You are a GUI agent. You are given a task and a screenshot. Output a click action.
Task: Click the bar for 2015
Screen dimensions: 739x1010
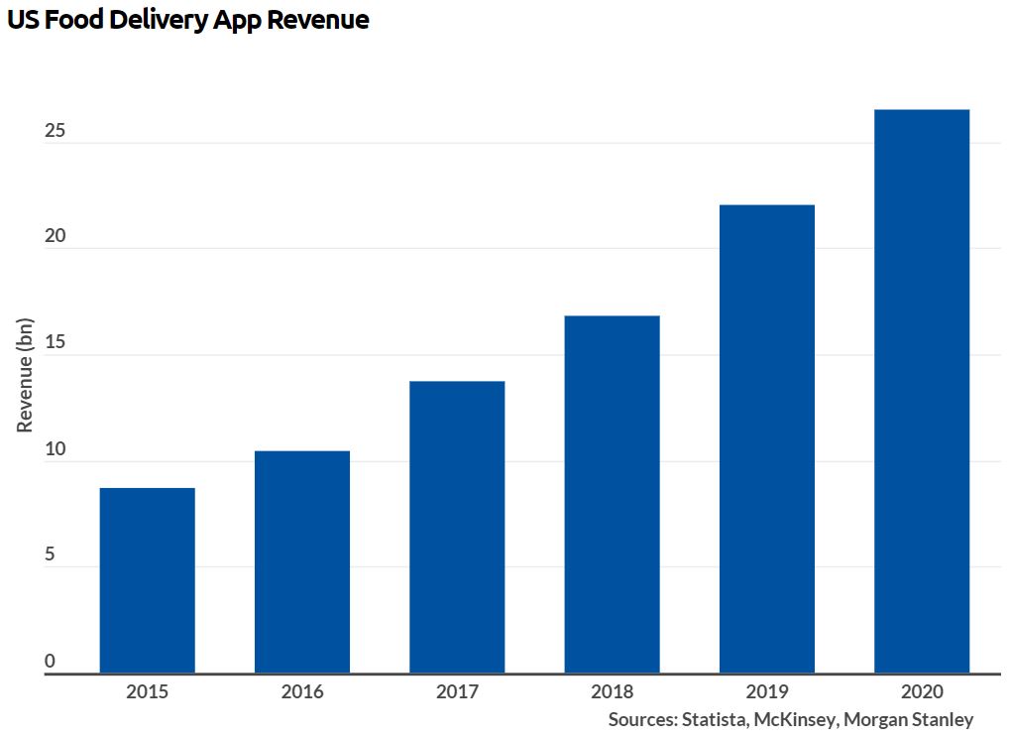[x=147, y=580]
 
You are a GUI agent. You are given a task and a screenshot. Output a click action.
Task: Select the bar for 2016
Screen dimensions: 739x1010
[x=301, y=561]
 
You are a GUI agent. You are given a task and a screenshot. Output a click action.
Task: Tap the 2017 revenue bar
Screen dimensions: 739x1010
[x=457, y=527]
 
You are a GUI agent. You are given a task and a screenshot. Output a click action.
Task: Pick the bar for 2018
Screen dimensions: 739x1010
[x=612, y=494]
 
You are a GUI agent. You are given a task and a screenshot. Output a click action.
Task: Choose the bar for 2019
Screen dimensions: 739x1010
[x=766, y=438]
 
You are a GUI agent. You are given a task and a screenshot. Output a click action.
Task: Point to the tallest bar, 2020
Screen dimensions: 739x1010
[x=922, y=391]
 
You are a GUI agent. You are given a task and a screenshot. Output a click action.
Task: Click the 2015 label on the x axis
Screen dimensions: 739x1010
[x=147, y=691]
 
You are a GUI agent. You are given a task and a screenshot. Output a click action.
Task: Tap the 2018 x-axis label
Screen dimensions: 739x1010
[x=612, y=691]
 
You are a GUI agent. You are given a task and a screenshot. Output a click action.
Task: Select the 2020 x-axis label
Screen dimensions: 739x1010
[x=922, y=691]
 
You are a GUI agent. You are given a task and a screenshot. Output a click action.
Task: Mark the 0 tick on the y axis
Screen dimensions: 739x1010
[x=50, y=662]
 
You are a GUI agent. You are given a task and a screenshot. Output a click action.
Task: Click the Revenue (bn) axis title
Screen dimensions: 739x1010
[x=26, y=375]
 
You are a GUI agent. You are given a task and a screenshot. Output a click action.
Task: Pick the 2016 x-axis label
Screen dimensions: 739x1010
[x=301, y=691]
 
